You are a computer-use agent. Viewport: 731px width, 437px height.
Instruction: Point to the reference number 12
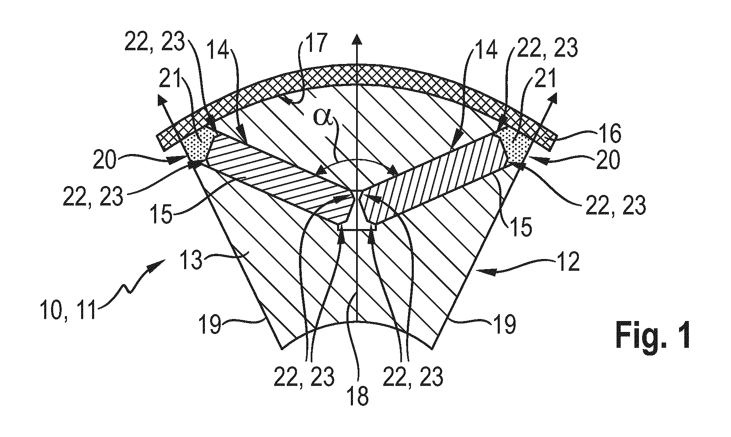tap(568, 264)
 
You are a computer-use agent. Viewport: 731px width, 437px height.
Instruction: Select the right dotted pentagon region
tap(515, 144)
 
